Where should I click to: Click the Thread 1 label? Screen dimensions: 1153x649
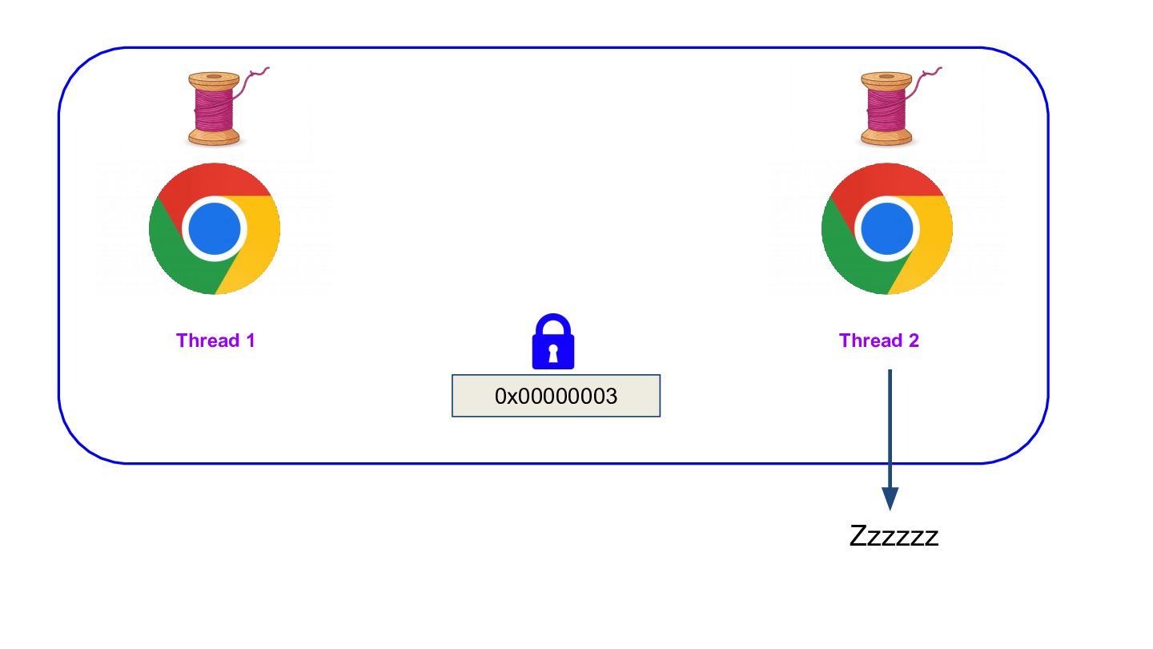click(x=215, y=341)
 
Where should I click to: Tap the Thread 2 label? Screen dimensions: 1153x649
click(x=878, y=341)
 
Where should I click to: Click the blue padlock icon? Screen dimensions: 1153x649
click(x=552, y=341)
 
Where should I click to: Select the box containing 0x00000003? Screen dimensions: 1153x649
click(x=556, y=396)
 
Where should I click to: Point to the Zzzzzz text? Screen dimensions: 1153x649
click(x=894, y=536)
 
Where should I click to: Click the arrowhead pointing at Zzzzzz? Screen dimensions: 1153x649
click(x=890, y=498)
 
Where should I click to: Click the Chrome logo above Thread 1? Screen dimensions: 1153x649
click(x=215, y=228)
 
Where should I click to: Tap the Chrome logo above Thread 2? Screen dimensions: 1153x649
click(x=887, y=228)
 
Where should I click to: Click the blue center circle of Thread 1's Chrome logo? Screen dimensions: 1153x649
click(x=215, y=228)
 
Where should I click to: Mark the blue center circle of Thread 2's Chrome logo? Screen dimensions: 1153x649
click(x=887, y=228)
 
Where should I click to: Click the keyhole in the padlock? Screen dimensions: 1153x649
click(x=553, y=353)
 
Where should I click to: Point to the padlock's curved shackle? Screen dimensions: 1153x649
click(x=553, y=316)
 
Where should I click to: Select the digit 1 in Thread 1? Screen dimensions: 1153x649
click(x=251, y=341)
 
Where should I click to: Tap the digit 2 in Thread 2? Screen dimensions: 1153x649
click(x=914, y=341)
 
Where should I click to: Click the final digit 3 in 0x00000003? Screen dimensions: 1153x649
click(x=611, y=396)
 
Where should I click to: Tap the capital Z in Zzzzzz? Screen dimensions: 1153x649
click(x=858, y=536)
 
